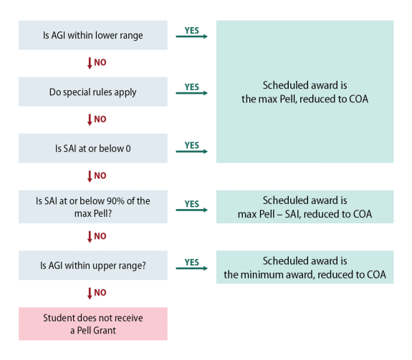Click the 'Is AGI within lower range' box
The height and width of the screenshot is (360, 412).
click(92, 35)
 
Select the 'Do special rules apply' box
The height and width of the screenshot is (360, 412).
click(92, 92)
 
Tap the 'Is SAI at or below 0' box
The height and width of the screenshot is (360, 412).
click(92, 148)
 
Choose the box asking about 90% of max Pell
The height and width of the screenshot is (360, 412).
click(92, 208)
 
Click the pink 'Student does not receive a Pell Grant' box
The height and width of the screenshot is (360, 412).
click(92, 323)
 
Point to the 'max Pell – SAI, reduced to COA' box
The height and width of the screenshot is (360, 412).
click(305, 208)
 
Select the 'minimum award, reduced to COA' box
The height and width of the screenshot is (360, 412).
click(305, 268)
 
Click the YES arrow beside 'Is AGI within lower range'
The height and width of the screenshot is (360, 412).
click(191, 34)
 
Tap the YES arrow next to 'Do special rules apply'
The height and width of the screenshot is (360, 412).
click(191, 91)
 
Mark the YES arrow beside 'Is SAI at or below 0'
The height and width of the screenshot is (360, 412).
click(191, 149)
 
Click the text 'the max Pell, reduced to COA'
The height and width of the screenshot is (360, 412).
click(305, 99)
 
